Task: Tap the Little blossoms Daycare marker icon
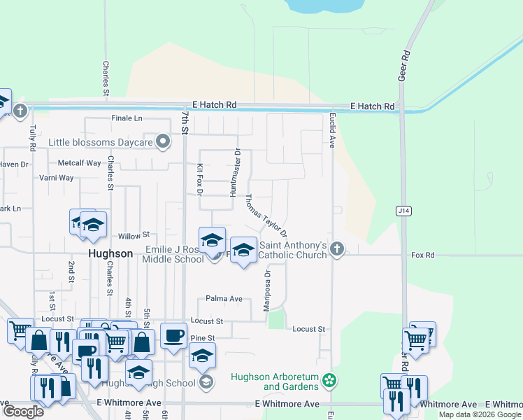point(163,142)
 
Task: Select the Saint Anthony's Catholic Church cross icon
point(337,248)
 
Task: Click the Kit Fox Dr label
point(200,179)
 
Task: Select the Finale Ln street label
point(127,118)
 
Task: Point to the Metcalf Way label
point(79,163)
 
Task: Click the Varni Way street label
point(57,178)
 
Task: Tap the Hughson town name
point(110,253)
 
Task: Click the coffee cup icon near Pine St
point(173,335)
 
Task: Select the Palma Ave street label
point(224,299)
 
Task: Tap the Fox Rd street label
point(423,255)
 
